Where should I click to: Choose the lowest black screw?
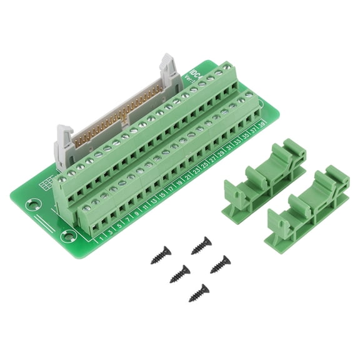coord(199,292)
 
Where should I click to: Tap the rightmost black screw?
coord(219,264)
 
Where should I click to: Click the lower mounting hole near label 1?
coord(67,236)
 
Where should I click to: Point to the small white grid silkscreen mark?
coord(46,185)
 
